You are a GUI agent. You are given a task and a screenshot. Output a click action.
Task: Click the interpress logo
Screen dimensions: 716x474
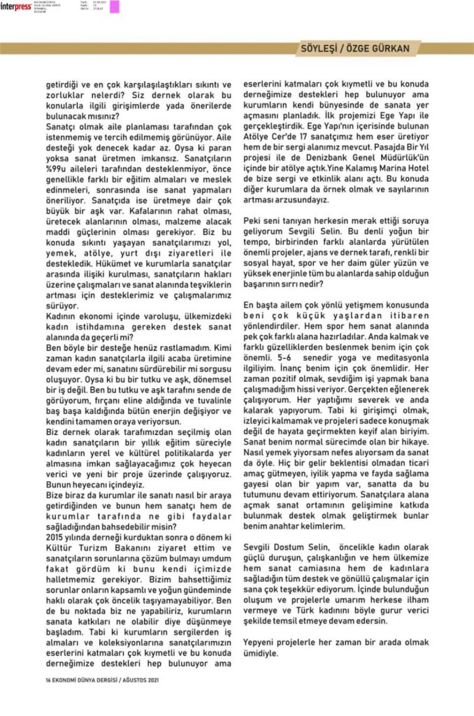15,7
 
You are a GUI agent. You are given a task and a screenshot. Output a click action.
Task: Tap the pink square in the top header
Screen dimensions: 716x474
115,7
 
